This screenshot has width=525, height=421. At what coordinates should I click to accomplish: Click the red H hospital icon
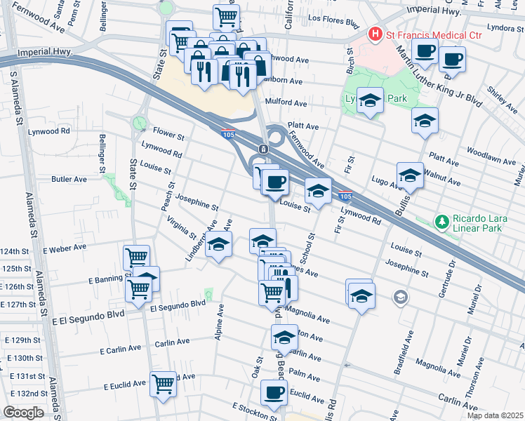tap(375, 33)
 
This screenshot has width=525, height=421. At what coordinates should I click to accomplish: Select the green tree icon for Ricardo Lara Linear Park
tap(441, 222)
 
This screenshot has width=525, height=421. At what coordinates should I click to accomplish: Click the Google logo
tap(23, 413)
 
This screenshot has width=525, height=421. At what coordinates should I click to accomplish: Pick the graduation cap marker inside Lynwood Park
tap(369, 100)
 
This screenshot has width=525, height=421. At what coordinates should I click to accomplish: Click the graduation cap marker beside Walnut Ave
tap(409, 175)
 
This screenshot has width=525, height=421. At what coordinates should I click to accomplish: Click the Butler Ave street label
tap(69, 179)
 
